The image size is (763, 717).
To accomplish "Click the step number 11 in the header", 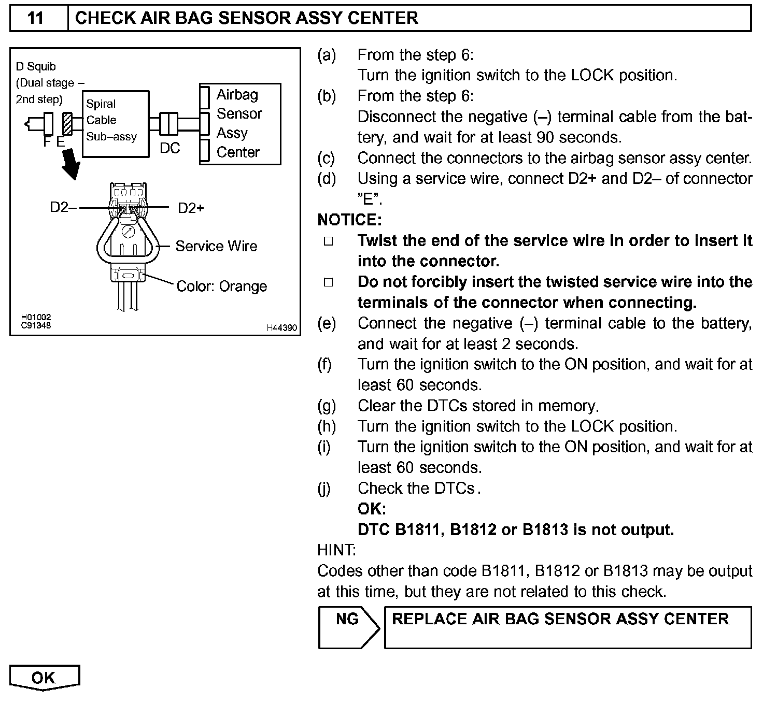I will pyautogui.click(x=35, y=18).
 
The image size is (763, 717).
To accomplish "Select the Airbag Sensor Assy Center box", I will pyautogui.click(x=239, y=123).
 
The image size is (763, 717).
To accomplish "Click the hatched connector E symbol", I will pyautogui.click(x=67, y=124).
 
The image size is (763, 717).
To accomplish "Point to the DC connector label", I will pyautogui.click(x=169, y=148).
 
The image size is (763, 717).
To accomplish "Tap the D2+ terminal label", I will pyautogui.click(x=191, y=208).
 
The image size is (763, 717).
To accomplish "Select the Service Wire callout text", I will pyautogui.click(x=216, y=246).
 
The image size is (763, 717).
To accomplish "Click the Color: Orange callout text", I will pyautogui.click(x=221, y=286).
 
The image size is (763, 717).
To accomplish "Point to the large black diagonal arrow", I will pyautogui.click(x=70, y=165).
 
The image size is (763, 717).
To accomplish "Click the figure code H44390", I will pyautogui.click(x=282, y=327).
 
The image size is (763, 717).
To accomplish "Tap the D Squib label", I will pyautogui.click(x=36, y=66).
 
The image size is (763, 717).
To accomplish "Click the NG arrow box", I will pyautogui.click(x=349, y=627).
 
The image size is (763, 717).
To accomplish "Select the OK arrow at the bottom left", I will pyautogui.click(x=45, y=678).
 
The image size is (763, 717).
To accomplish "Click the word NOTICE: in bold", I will pyautogui.click(x=349, y=220).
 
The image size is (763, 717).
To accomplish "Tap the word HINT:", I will pyautogui.click(x=336, y=550).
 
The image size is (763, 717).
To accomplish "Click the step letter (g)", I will pyautogui.click(x=327, y=406).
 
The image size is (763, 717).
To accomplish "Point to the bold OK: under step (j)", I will pyautogui.click(x=372, y=509).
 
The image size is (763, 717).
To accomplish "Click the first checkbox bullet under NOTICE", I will pyautogui.click(x=328, y=241).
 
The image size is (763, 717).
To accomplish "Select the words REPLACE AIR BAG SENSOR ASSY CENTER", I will pyautogui.click(x=560, y=619).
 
